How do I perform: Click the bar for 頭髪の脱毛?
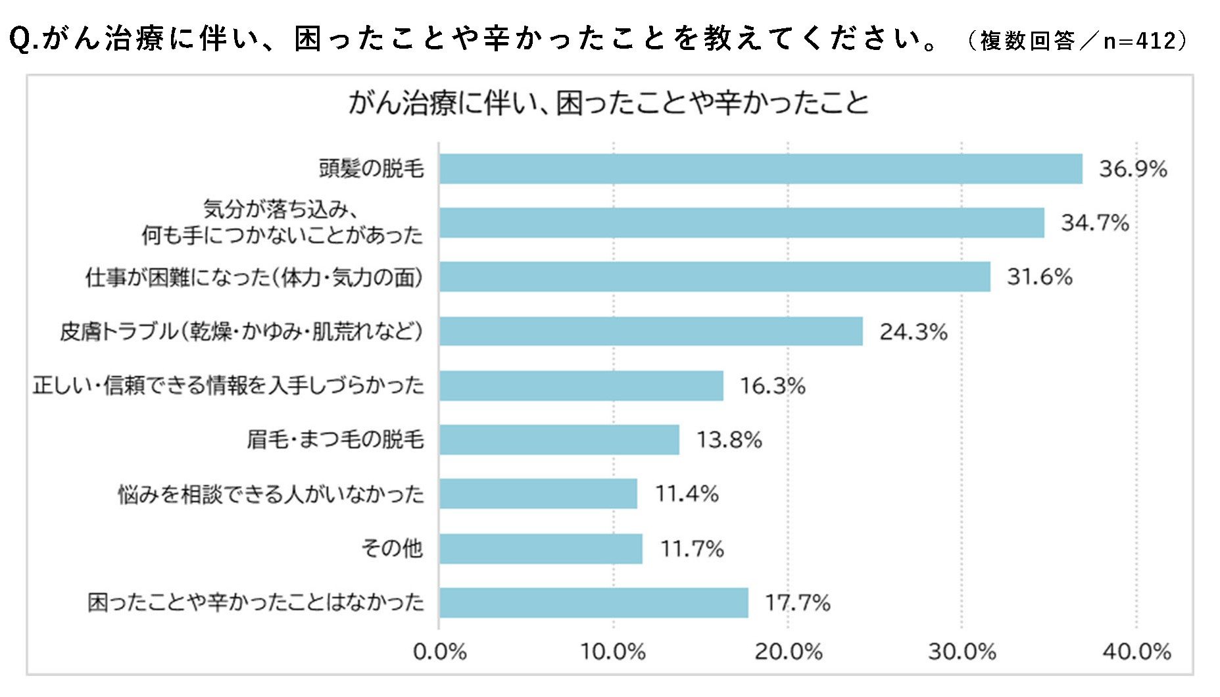click(760, 169)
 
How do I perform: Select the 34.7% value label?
click(1094, 223)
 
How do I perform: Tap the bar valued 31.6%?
click(714, 277)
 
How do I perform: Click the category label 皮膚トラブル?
click(241, 331)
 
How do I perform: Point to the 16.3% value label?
click(772, 386)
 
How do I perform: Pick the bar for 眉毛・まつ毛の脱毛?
click(559, 439)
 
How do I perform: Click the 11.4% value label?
click(687, 494)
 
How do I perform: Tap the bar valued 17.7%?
click(593, 602)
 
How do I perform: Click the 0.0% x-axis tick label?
click(439, 652)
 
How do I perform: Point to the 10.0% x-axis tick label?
click(612, 652)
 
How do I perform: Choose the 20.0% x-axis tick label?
click(788, 652)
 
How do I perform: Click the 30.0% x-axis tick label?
click(962, 652)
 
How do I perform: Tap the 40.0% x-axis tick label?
click(1136, 652)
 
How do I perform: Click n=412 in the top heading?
click(1139, 41)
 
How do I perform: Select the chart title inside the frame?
click(608, 103)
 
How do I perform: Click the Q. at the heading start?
click(25, 39)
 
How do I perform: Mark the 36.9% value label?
click(1133, 169)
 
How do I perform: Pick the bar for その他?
click(541, 548)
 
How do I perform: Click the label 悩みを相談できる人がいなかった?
click(270, 494)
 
